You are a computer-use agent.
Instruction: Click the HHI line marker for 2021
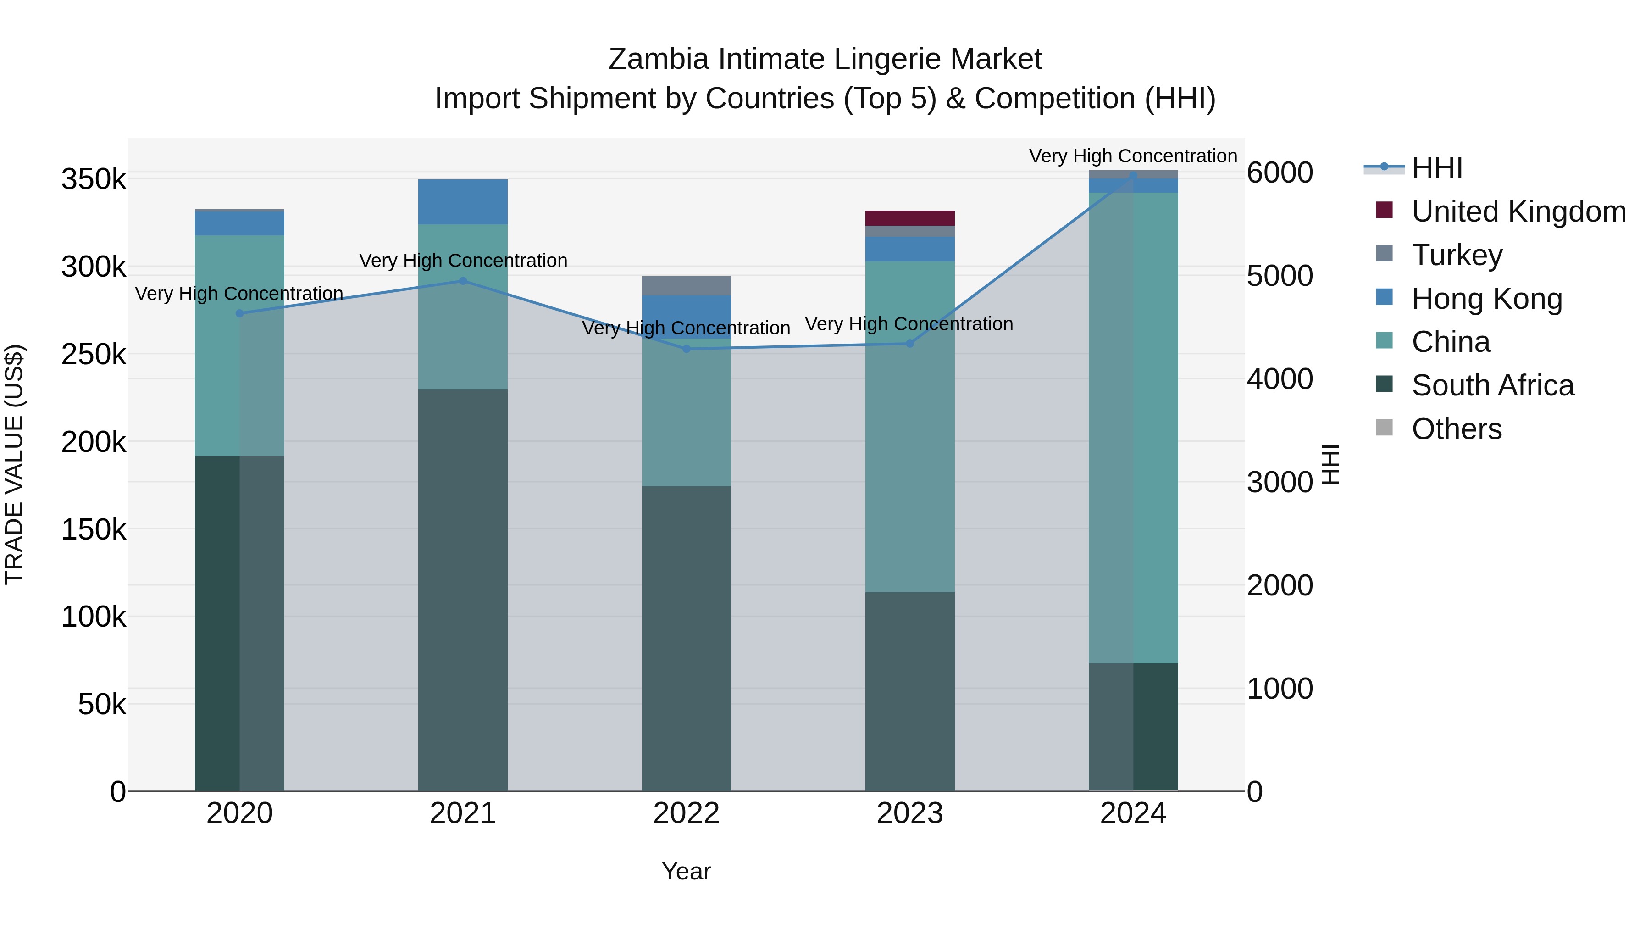click(463, 281)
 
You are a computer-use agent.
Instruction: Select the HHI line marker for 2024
click(1133, 176)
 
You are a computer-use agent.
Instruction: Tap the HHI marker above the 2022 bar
click(687, 349)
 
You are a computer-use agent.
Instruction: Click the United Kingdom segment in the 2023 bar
click(909, 218)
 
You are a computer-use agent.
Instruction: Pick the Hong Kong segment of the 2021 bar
click(463, 202)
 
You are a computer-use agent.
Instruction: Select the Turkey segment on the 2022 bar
click(687, 286)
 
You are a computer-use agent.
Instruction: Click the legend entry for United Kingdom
click(1518, 211)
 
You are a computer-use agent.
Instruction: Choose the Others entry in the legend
click(1456, 429)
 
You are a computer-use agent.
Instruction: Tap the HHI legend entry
click(1436, 168)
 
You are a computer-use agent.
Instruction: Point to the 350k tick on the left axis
click(94, 179)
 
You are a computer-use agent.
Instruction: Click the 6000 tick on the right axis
click(1279, 172)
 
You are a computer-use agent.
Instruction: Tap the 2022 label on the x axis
click(687, 813)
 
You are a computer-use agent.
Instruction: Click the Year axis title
click(687, 871)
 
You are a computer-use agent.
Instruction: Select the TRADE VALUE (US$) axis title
click(14, 464)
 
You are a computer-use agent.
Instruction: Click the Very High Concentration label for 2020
click(239, 294)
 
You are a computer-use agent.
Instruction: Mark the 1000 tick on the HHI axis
click(1279, 689)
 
